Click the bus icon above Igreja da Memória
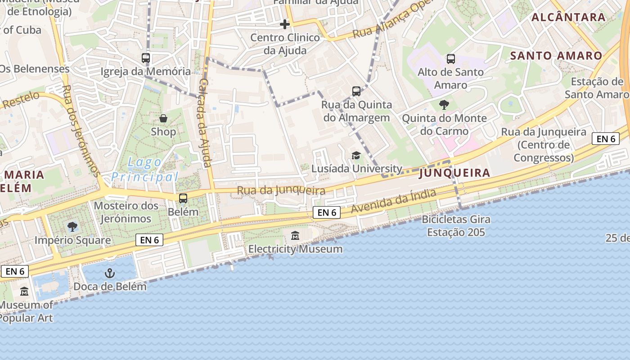click(146, 58)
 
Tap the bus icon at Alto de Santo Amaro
click(450, 58)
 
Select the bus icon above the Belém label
click(183, 198)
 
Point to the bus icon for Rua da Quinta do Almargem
click(356, 91)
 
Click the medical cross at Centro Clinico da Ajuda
click(285, 24)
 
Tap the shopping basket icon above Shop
click(163, 118)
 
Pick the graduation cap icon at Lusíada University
click(356, 155)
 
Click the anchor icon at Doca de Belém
click(110, 273)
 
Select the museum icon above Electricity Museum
click(295, 235)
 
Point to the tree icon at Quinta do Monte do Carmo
click(444, 105)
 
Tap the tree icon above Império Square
click(72, 226)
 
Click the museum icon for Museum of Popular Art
click(24, 292)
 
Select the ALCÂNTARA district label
click(568, 18)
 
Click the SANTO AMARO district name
click(557, 56)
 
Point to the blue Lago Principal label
click(145, 169)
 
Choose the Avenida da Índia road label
click(394, 201)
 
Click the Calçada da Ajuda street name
click(205, 122)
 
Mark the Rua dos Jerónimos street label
click(81, 130)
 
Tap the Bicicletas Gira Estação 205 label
click(456, 226)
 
